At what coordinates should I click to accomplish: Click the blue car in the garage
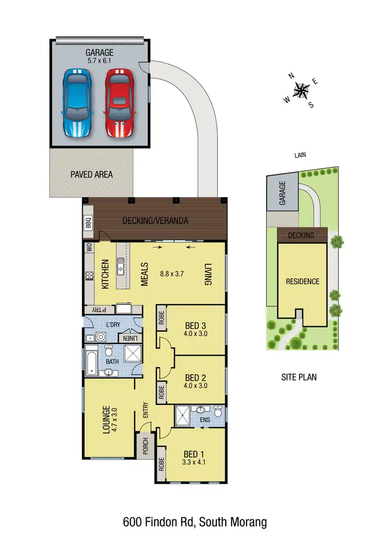click(77, 103)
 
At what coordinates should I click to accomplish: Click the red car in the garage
click(120, 103)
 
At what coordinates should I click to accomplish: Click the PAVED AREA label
click(92, 174)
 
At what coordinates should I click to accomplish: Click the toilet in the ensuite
click(218, 413)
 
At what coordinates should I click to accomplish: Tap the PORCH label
click(145, 447)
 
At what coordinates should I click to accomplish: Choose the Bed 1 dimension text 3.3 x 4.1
click(192, 461)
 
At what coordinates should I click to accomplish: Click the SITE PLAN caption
click(298, 377)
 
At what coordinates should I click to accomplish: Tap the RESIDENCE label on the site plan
click(303, 281)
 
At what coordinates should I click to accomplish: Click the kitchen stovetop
click(88, 276)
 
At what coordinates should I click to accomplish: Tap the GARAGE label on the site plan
click(283, 193)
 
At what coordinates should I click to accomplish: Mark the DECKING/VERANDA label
click(155, 221)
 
